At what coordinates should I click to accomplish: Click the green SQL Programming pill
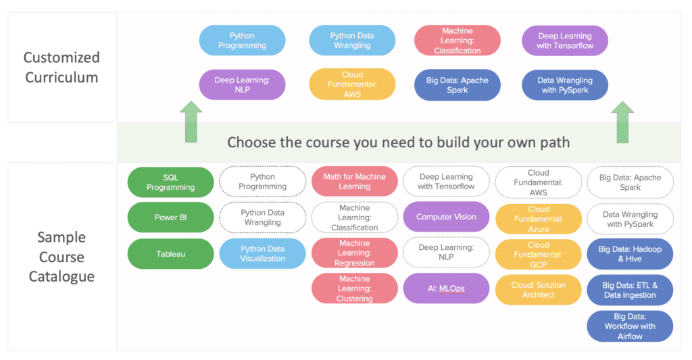point(170,182)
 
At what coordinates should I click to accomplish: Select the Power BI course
point(170,217)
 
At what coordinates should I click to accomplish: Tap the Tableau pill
point(170,254)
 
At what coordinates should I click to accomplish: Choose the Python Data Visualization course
point(263,254)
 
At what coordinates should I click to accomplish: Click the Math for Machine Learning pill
point(354,181)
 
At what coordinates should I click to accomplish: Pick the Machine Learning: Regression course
point(354,253)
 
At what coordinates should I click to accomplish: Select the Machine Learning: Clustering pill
point(354,288)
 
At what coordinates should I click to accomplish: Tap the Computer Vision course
point(446,217)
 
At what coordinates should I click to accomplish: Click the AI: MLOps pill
point(446,288)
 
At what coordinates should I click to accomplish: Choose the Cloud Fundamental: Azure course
point(539,219)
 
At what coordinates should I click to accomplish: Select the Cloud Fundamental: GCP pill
point(539,255)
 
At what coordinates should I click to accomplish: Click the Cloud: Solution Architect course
point(539,290)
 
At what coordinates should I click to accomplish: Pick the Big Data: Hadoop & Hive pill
point(630,254)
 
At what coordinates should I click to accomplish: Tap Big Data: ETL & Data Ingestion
point(630,290)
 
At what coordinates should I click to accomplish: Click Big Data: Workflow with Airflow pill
point(630,326)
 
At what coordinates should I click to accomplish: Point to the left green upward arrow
point(191,122)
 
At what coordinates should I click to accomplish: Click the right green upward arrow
point(622,122)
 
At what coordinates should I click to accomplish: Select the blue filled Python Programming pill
point(242,40)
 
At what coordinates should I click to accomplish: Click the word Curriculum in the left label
point(61,77)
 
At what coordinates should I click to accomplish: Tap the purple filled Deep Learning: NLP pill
point(242,84)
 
